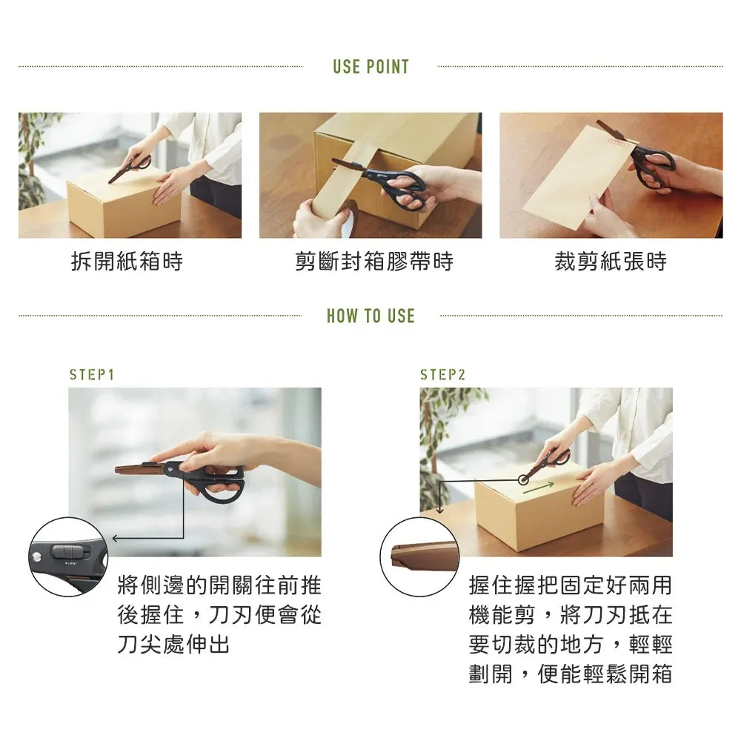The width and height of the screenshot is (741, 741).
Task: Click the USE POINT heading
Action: point(371,67)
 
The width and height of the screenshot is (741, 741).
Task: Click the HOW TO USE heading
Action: point(371,316)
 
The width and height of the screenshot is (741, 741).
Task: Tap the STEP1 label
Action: point(92,375)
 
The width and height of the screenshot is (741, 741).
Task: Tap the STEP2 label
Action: point(443,375)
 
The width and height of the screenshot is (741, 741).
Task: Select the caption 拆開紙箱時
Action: point(127,262)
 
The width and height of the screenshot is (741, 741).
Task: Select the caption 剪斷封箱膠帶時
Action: point(373,262)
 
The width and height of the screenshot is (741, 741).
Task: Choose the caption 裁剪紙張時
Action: point(611,262)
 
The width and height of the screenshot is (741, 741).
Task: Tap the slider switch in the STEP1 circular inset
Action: point(70,551)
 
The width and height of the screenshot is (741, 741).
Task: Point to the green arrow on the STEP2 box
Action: point(539,488)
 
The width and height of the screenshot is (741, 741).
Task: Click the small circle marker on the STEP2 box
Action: point(523,480)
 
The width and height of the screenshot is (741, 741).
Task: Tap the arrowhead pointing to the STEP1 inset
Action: point(116,538)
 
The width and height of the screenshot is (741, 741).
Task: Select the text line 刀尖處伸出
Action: point(173,644)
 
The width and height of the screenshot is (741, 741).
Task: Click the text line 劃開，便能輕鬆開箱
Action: point(571,674)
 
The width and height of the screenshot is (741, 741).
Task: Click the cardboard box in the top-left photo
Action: point(124,203)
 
